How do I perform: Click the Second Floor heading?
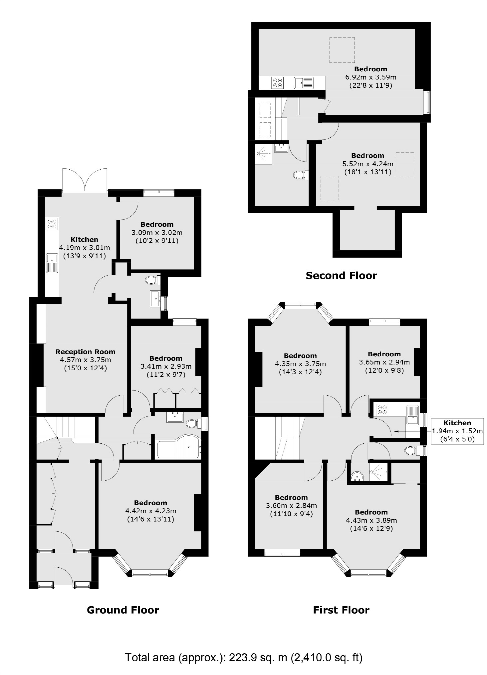click(x=341, y=276)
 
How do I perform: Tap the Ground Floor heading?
click(x=123, y=610)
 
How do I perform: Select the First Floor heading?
click(x=341, y=610)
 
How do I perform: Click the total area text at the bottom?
click(x=243, y=657)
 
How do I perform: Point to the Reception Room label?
click(x=85, y=352)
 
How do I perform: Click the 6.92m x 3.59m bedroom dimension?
click(x=370, y=77)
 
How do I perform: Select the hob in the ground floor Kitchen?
click(x=52, y=224)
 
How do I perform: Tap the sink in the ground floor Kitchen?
click(x=52, y=262)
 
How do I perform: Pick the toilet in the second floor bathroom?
click(x=300, y=175)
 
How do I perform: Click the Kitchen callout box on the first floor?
click(x=457, y=431)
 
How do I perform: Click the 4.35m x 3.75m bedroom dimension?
click(x=300, y=364)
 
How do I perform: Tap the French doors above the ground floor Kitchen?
click(x=85, y=180)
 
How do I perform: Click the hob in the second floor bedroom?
click(x=277, y=83)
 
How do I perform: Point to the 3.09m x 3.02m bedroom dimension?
click(x=157, y=233)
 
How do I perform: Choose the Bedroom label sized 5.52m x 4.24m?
click(x=367, y=156)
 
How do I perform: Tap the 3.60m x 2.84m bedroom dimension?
click(x=291, y=506)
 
